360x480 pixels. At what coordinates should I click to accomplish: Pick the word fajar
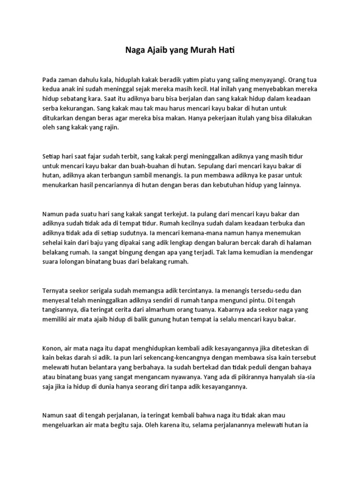[96, 156]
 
